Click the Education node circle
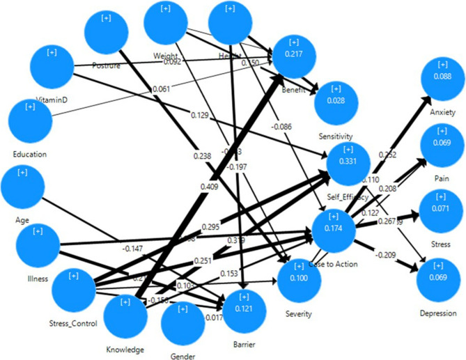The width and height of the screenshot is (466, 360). pos(29,120)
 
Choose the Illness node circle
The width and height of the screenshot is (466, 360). pos(38,246)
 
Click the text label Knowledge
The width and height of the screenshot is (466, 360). pos(126,349)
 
